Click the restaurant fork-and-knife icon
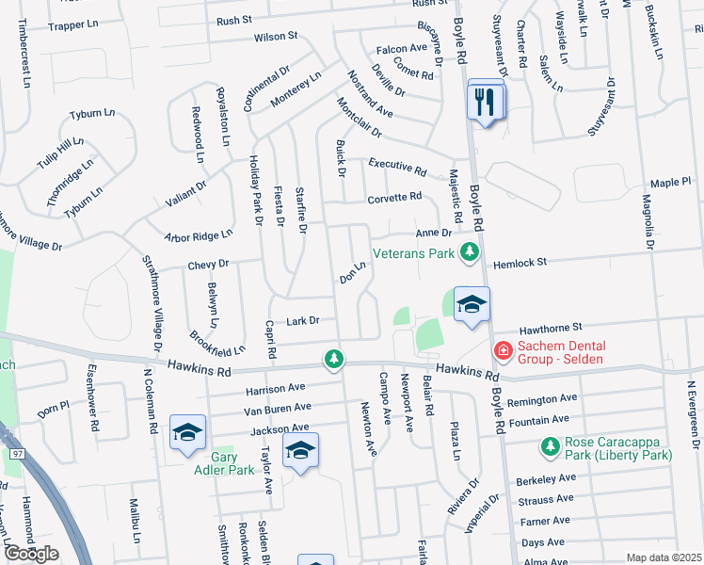[486, 101]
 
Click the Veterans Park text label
[413, 253]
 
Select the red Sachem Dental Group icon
[504, 350]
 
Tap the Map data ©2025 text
[664, 557]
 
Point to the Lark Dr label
[304, 321]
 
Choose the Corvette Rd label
[395, 197]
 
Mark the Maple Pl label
[670, 181]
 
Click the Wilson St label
[275, 37]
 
